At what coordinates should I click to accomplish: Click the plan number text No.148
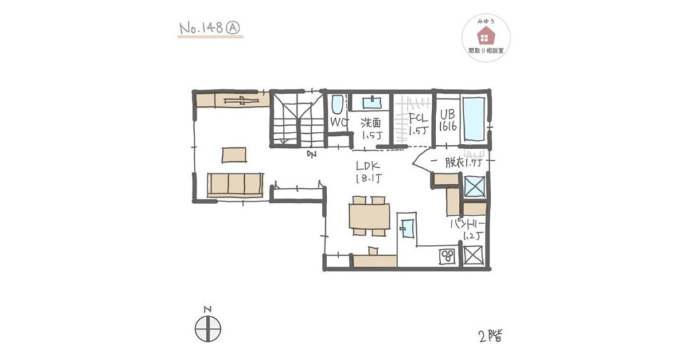point(201,28)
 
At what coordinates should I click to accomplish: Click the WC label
point(338,123)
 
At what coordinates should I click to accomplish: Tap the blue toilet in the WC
point(337,105)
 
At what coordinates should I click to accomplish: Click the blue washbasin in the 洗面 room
point(371,102)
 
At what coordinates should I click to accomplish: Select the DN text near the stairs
point(311,155)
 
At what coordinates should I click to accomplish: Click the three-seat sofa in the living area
point(234,184)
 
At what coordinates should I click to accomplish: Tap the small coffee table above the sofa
point(233,155)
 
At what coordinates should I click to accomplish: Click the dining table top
point(369,215)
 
